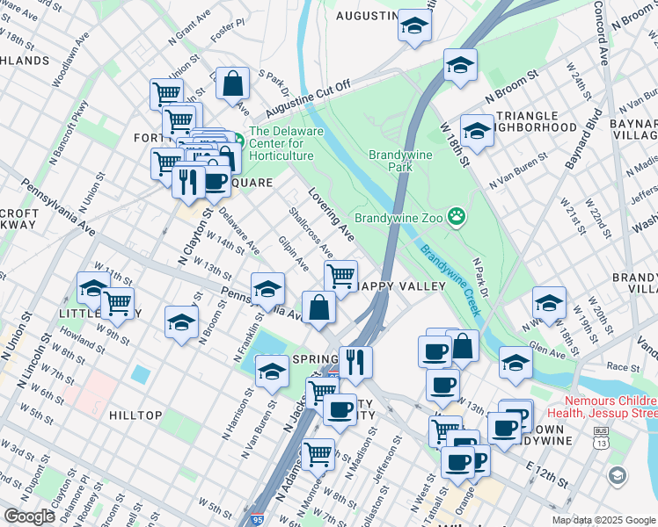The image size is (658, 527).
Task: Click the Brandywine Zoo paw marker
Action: click(x=457, y=216)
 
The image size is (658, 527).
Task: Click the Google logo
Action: click(x=29, y=516)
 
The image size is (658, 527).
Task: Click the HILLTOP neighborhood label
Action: click(x=135, y=415)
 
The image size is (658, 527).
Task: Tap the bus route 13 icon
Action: click(x=602, y=439)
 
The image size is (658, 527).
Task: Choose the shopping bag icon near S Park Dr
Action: click(x=233, y=84)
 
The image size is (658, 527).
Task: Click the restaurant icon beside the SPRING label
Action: click(x=355, y=362)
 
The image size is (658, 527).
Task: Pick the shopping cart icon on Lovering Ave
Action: click(x=340, y=276)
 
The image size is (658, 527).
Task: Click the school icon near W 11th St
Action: click(x=93, y=287)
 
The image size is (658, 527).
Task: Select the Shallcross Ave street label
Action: click(x=311, y=227)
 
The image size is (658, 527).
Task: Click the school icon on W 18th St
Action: click(x=476, y=132)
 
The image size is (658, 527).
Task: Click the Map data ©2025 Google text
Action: click(x=603, y=520)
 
